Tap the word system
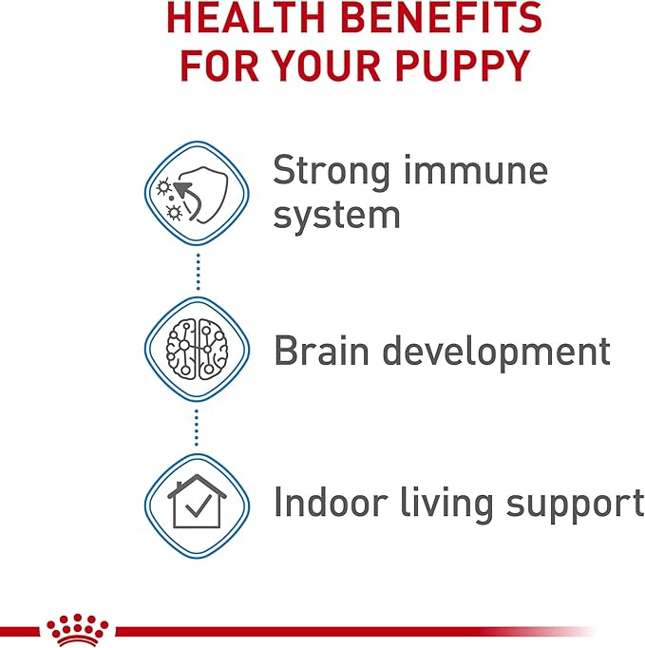pos(336,215)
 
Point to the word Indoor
pos(332,502)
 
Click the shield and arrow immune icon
pos(196,193)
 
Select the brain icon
pos(196,347)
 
